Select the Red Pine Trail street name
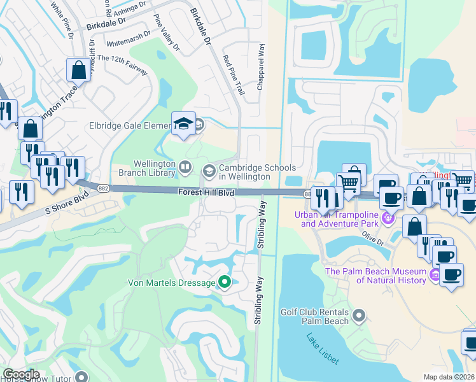tap(234, 75)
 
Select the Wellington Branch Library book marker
tap(185, 167)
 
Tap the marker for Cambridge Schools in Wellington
tap(209, 170)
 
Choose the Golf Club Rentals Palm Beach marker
tap(359, 315)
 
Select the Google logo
tap(21, 374)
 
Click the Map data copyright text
tap(449, 377)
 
